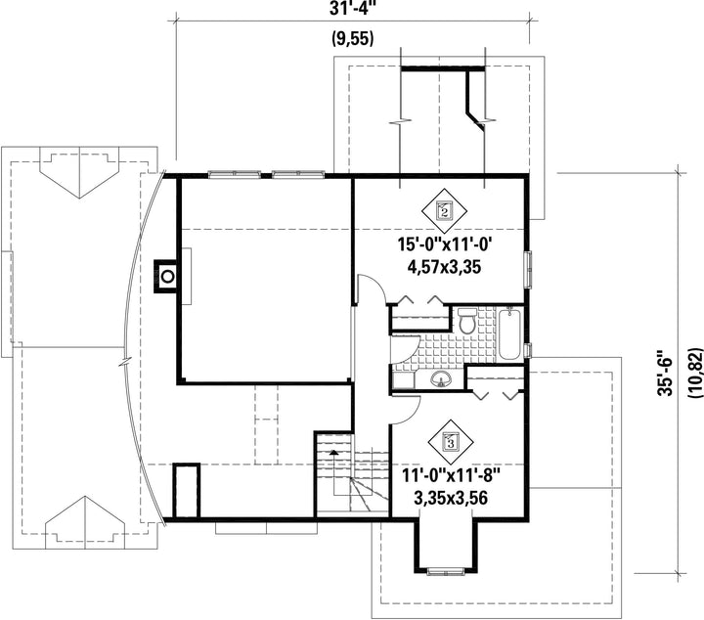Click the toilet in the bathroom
pyautogui.click(x=467, y=321)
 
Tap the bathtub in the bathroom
pyautogui.click(x=509, y=334)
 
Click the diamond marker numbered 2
pyautogui.click(x=444, y=209)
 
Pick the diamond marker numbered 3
pyautogui.click(x=451, y=442)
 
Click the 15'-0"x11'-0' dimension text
pyautogui.click(x=446, y=244)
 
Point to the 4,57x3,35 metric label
pyautogui.click(x=444, y=267)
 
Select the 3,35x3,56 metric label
pyautogui.click(x=451, y=498)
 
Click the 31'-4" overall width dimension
pyautogui.click(x=352, y=8)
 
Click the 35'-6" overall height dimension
pyautogui.click(x=666, y=374)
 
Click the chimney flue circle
pyautogui.click(x=167, y=277)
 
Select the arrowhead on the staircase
pyautogui.click(x=333, y=452)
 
